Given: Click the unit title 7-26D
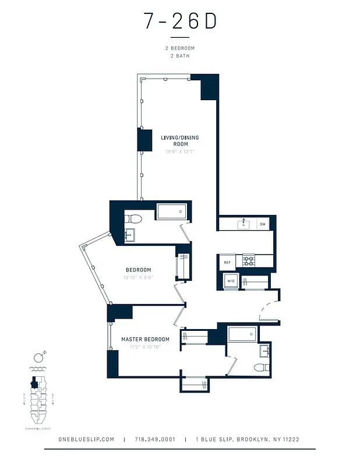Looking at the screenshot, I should pyautogui.click(x=180, y=22).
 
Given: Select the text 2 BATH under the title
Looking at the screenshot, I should pyautogui.click(x=180, y=56).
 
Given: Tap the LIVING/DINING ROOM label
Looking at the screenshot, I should pyautogui.click(x=180, y=140).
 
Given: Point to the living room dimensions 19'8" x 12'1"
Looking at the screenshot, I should pyautogui.click(x=180, y=151).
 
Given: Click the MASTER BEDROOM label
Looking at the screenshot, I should pyautogui.click(x=145, y=339).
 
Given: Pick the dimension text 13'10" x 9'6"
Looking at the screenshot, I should pyautogui.click(x=138, y=277).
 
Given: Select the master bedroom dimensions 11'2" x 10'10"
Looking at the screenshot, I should pyautogui.click(x=141, y=347).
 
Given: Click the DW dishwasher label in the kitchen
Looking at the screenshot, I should pyautogui.click(x=263, y=224).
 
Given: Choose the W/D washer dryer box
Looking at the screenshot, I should pyautogui.click(x=231, y=281).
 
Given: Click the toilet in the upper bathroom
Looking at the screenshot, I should pyautogui.click(x=135, y=219).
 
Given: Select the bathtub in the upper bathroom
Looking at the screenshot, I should pyautogui.click(x=172, y=211).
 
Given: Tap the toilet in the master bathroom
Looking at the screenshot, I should pyautogui.click(x=262, y=367).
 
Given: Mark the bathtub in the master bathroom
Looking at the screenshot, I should pyautogui.click(x=242, y=334).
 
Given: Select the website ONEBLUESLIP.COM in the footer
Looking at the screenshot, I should pyautogui.click(x=86, y=439).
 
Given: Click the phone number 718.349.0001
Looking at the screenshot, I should pyautogui.click(x=155, y=439).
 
